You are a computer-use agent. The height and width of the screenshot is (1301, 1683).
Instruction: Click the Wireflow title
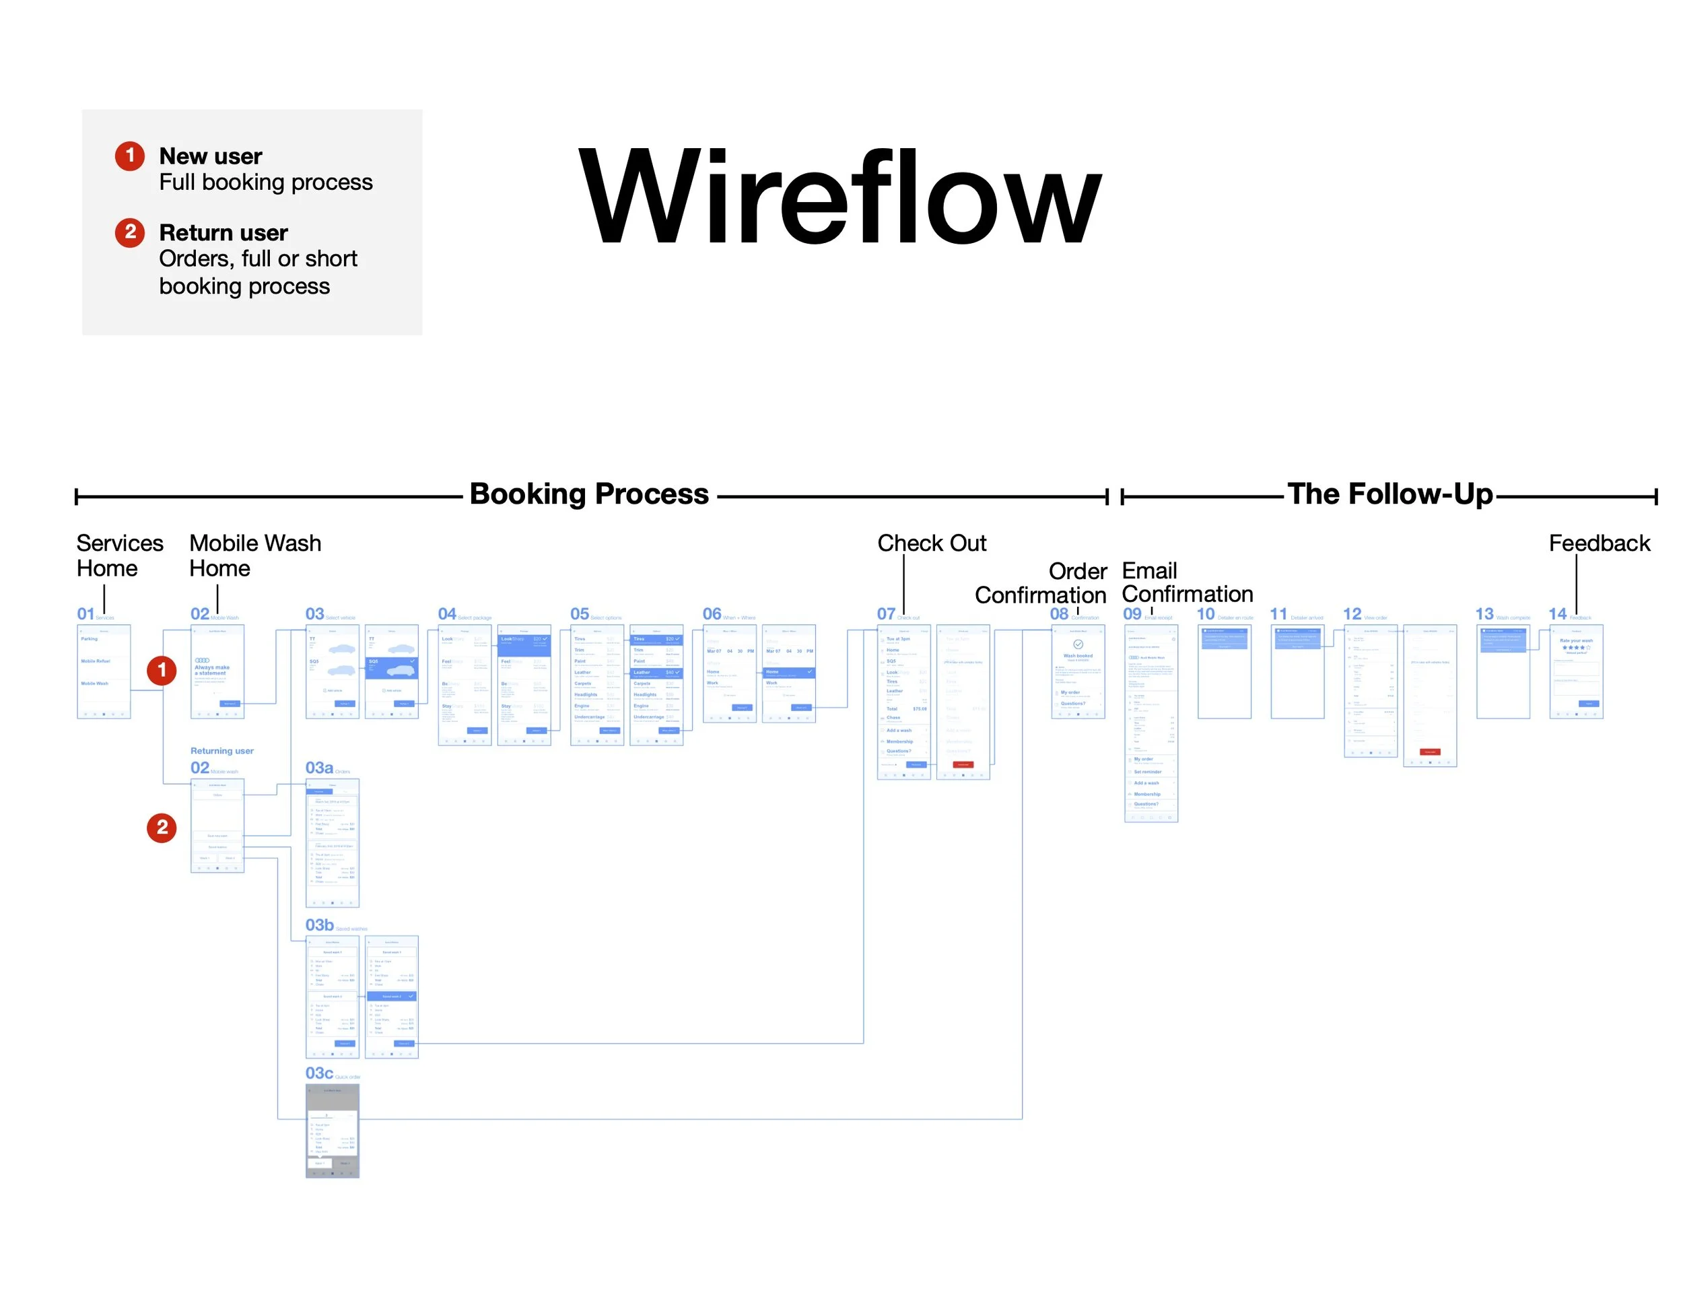coord(839,197)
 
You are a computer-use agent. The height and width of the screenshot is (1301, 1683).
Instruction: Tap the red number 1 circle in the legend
coord(129,156)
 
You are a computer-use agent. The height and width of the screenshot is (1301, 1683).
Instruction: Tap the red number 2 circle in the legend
coord(129,232)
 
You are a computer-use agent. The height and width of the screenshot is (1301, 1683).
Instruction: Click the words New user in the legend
coord(210,156)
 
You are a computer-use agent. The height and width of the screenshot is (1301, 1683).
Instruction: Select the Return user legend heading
coord(224,233)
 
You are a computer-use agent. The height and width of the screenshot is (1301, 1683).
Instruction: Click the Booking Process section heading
coord(589,494)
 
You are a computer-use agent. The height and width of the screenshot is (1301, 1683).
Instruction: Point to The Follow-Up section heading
coord(1389,494)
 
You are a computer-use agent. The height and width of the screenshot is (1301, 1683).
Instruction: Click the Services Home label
coord(119,556)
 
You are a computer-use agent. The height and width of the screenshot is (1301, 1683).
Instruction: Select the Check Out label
coord(932,543)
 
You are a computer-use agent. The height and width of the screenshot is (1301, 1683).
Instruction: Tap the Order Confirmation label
coord(1041,582)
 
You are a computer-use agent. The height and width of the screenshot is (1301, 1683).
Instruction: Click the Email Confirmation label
coord(1187,582)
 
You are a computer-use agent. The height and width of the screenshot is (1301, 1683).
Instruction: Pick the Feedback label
coord(1599,543)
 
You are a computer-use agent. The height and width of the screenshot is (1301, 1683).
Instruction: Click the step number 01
coord(85,614)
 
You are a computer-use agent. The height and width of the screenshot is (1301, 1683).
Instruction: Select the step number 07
coord(886,614)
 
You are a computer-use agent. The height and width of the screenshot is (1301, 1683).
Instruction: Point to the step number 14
coord(1557,614)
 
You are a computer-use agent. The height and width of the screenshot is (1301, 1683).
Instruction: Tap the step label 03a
coord(319,768)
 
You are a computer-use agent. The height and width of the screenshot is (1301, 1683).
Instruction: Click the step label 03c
coord(319,1073)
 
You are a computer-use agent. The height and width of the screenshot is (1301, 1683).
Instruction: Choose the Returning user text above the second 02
coord(222,751)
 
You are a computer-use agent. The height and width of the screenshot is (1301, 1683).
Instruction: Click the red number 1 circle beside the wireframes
coord(162,671)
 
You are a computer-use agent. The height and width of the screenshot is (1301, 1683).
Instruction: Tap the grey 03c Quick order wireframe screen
coord(332,1131)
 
